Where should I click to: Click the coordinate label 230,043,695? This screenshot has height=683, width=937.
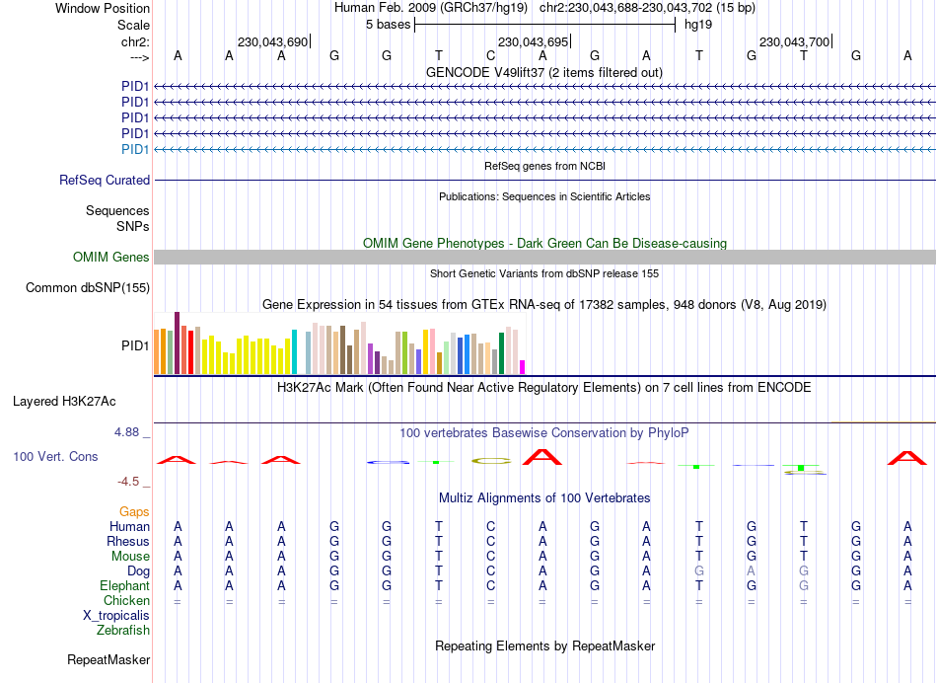click(534, 41)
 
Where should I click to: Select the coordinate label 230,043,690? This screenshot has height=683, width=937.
click(273, 41)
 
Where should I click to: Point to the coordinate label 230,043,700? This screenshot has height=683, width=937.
click(794, 41)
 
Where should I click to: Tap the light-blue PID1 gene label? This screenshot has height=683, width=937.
click(135, 149)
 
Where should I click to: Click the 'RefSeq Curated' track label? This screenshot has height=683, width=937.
click(105, 181)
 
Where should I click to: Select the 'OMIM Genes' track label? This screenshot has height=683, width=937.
click(111, 258)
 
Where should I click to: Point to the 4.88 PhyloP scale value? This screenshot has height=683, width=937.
click(130, 432)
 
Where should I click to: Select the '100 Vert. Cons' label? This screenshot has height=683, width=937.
click(55, 457)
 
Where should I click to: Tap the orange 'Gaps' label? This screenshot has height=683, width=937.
click(135, 511)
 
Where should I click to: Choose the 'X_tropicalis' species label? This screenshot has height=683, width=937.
click(116, 615)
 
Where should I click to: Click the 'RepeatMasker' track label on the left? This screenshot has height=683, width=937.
click(108, 659)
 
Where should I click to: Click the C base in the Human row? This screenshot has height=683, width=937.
click(490, 526)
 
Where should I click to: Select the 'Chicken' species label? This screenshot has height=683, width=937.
click(126, 600)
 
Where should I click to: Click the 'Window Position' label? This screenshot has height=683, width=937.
click(103, 8)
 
